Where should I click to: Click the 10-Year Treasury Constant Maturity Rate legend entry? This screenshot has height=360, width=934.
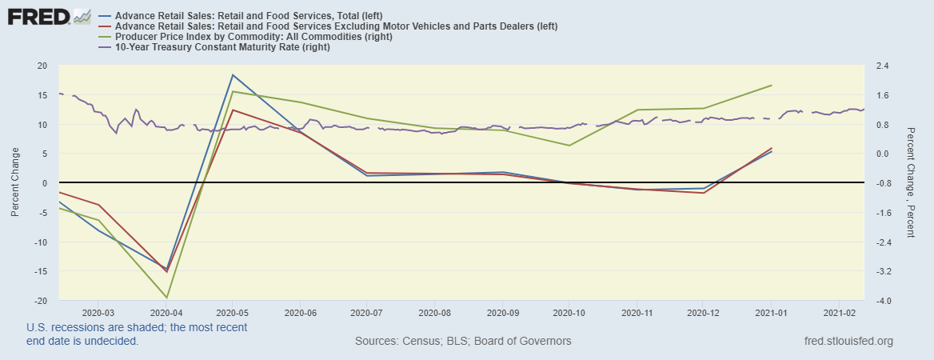[222, 47]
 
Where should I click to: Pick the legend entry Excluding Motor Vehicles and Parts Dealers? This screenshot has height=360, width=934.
[336, 26]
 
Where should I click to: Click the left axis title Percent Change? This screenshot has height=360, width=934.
[15, 182]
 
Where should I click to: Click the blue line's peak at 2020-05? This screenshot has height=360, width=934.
[232, 74]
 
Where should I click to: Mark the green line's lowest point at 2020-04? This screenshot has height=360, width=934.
[166, 298]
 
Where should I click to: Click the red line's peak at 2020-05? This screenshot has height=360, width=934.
[232, 110]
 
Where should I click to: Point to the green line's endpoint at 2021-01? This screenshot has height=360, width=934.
[772, 85]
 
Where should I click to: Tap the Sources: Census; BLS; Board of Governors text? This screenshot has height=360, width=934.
[463, 342]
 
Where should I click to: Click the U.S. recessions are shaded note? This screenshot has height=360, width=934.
[136, 334]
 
